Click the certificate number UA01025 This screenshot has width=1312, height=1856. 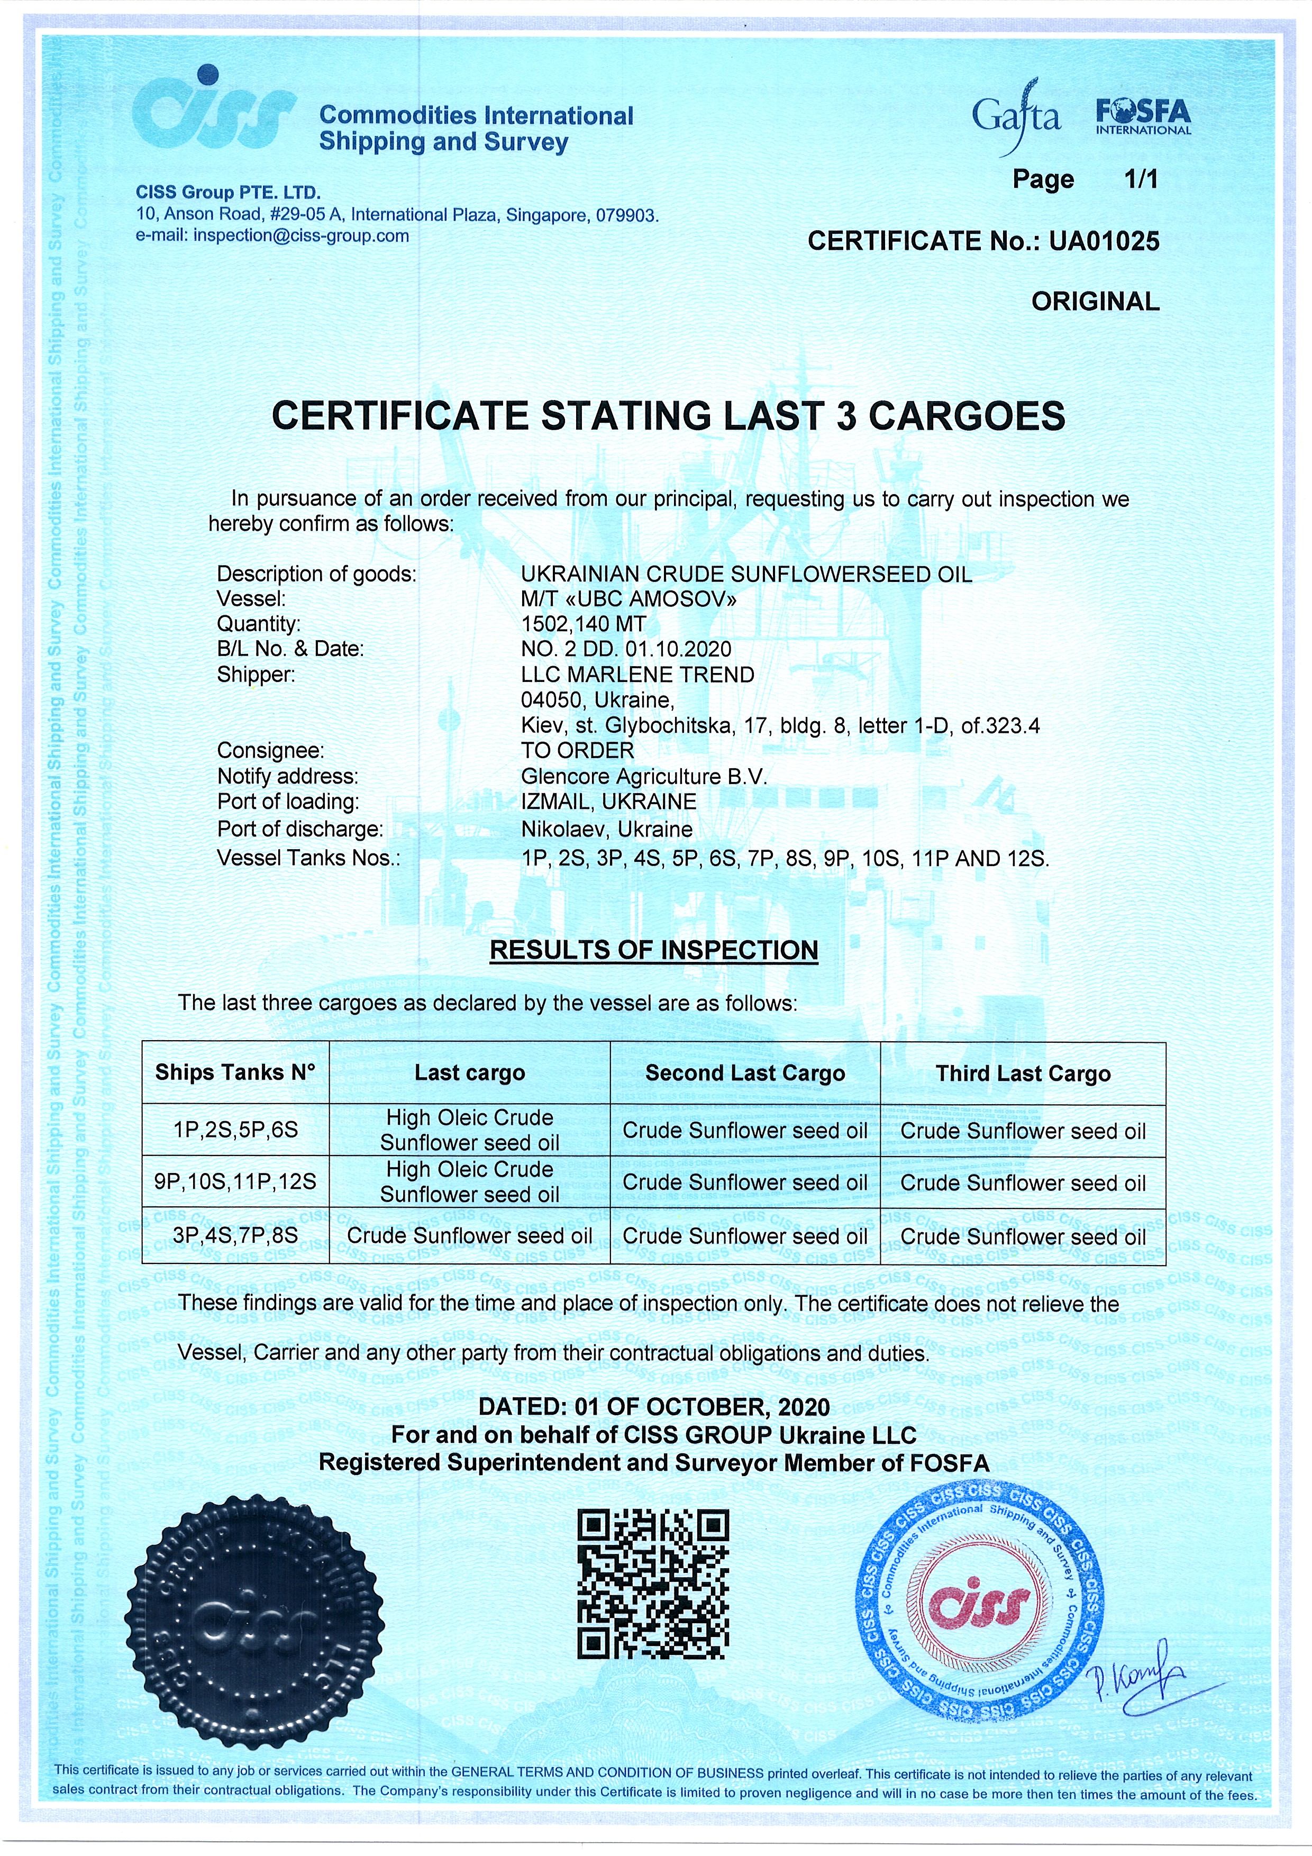pos(1104,241)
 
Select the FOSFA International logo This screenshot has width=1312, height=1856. pos(1143,117)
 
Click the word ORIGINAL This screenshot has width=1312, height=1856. pos(1095,302)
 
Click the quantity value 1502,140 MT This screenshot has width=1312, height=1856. pos(583,624)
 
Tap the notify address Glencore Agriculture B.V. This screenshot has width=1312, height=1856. pos(643,776)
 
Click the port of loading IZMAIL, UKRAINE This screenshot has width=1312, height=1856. pos(608,802)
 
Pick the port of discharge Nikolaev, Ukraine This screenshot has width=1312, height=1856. pos(606,830)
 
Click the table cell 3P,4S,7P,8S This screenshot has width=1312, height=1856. pos(235,1235)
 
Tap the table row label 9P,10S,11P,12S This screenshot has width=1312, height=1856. pos(235,1182)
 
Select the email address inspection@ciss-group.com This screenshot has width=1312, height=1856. pos(300,236)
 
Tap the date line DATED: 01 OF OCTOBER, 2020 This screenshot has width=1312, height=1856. pos(653,1407)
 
